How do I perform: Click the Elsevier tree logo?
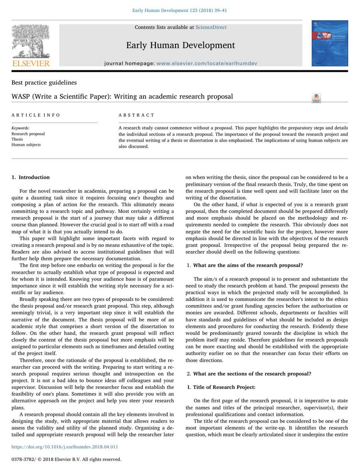point(30,41)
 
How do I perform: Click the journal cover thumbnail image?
point(329,43)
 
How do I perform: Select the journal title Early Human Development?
point(180,45)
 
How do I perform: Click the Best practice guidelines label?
point(44,83)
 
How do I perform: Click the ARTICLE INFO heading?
point(36,115)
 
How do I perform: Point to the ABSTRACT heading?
point(136,115)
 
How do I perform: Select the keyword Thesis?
point(17,139)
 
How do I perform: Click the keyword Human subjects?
point(26,144)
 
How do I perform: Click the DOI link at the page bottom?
point(65,447)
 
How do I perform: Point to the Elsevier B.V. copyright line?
point(66,459)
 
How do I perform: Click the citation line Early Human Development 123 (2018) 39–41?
point(180,10)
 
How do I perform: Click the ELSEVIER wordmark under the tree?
point(31,63)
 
